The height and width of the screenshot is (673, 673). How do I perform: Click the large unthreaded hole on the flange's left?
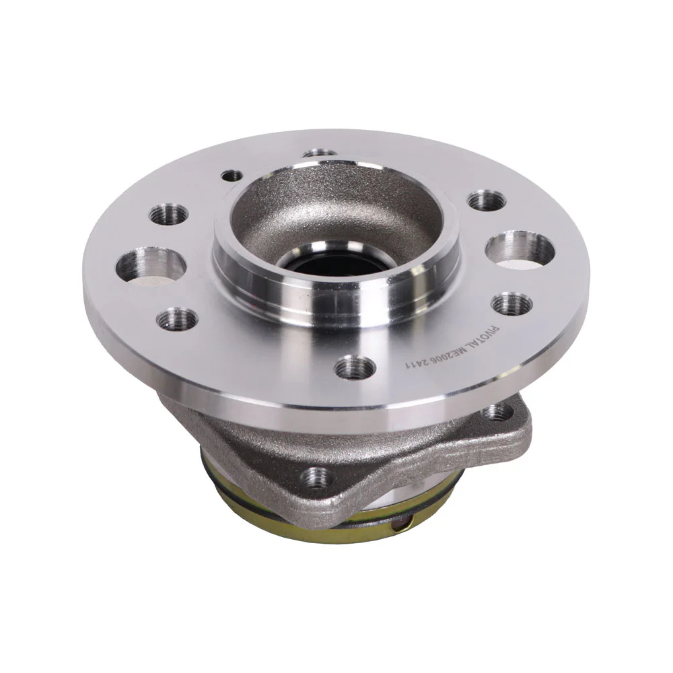pos(151,266)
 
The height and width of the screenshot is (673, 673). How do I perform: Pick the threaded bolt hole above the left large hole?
pos(169,213)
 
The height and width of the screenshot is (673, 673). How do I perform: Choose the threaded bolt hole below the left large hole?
pos(177,318)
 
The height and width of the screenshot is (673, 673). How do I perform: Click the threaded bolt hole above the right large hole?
pos(487,201)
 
